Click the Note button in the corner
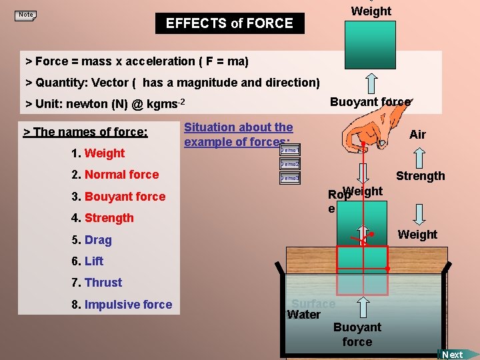click(26, 15)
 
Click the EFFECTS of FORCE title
click(229, 23)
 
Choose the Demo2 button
click(290, 164)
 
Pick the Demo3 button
click(290, 178)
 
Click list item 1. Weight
click(98, 153)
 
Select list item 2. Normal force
click(115, 175)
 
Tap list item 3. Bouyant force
click(118, 197)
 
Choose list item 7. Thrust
click(97, 283)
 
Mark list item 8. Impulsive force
click(121, 305)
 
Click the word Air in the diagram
click(417, 135)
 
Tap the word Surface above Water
click(313, 304)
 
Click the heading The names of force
click(85, 132)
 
